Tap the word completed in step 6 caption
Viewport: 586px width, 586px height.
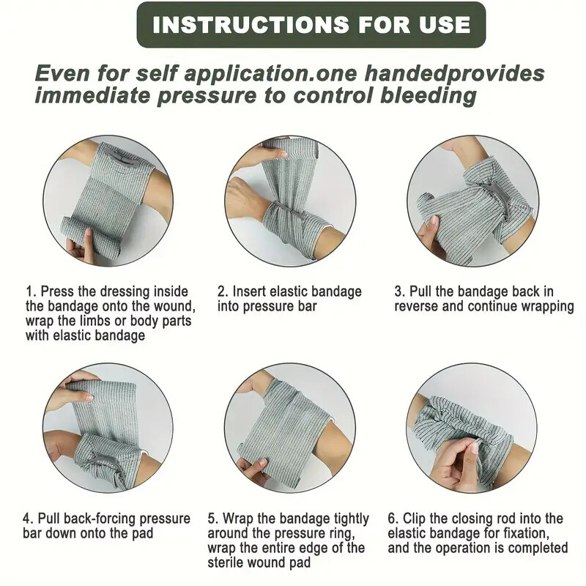[x=537, y=548]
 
